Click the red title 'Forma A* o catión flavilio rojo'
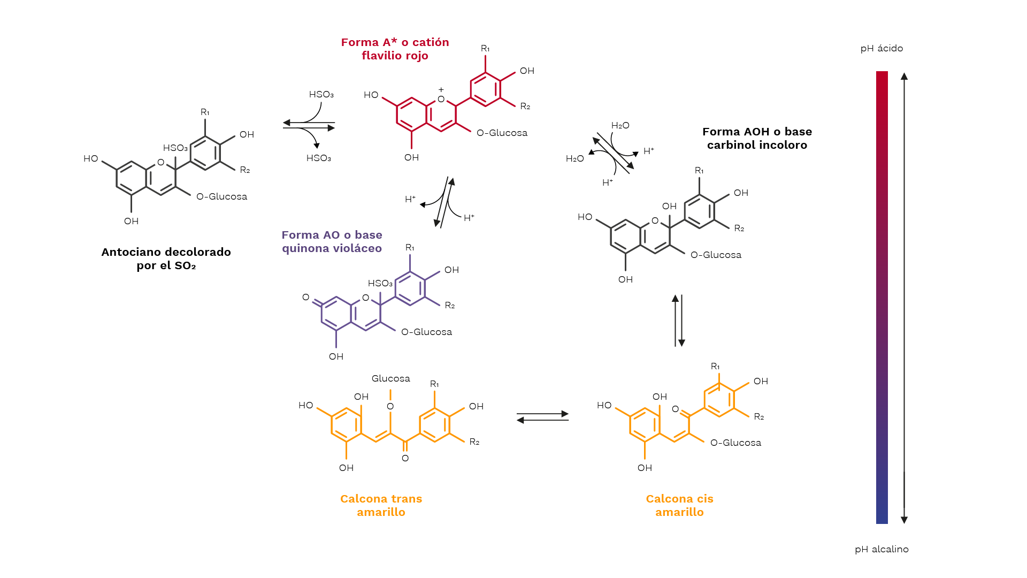395,49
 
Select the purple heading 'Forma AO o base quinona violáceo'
332,241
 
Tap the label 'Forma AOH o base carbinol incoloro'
757,138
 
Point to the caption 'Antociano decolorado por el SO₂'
166,258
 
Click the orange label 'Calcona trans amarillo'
381,505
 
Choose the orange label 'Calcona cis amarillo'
679,505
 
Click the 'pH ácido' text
882,48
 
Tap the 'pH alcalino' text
882,549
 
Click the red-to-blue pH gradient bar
882,298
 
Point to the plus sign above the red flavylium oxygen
441,89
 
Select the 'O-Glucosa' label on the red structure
502,133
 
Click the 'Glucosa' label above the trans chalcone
391,378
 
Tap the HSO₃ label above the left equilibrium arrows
321,94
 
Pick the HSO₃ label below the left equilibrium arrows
318,158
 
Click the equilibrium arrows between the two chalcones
542,417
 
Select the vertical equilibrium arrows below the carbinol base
678,321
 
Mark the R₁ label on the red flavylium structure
485,48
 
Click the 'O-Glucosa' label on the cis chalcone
735,443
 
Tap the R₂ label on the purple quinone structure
450,305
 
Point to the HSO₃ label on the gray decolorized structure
175,148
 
